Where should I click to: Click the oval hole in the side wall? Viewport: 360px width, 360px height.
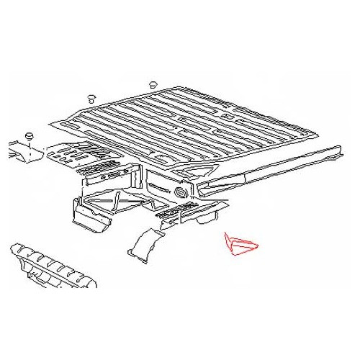180,194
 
